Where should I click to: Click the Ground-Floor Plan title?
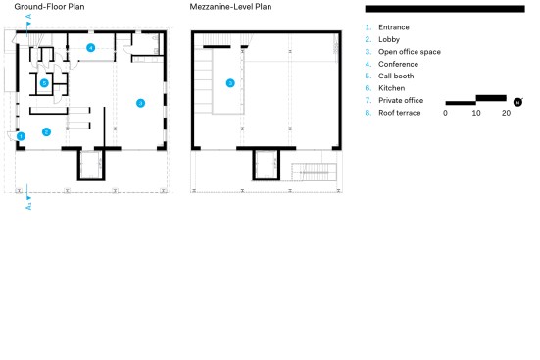(x=49, y=7)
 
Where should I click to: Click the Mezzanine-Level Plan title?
(x=230, y=7)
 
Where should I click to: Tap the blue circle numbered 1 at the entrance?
(x=21, y=136)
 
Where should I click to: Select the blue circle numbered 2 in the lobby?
(x=46, y=131)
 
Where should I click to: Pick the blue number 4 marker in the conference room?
(x=90, y=48)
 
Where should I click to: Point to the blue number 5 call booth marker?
(x=44, y=83)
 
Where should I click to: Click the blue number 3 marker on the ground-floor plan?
(x=140, y=103)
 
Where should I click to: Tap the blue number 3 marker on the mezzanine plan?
(x=230, y=83)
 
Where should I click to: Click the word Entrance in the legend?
(x=394, y=27)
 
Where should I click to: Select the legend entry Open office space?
(x=410, y=52)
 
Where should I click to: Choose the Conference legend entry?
(x=398, y=64)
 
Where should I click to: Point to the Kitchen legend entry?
(x=392, y=88)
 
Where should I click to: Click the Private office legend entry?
(x=401, y=100)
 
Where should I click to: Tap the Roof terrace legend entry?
(x=400, y=113)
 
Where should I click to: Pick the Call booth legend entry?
(x=396, y=76)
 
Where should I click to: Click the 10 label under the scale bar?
(x=476, y=113)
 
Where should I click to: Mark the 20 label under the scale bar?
(x=506, y=113)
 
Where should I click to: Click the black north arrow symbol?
(x=518, y=102)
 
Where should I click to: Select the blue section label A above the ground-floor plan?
(x=29, y=17)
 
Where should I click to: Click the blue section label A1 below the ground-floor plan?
(x=29, y=207)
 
